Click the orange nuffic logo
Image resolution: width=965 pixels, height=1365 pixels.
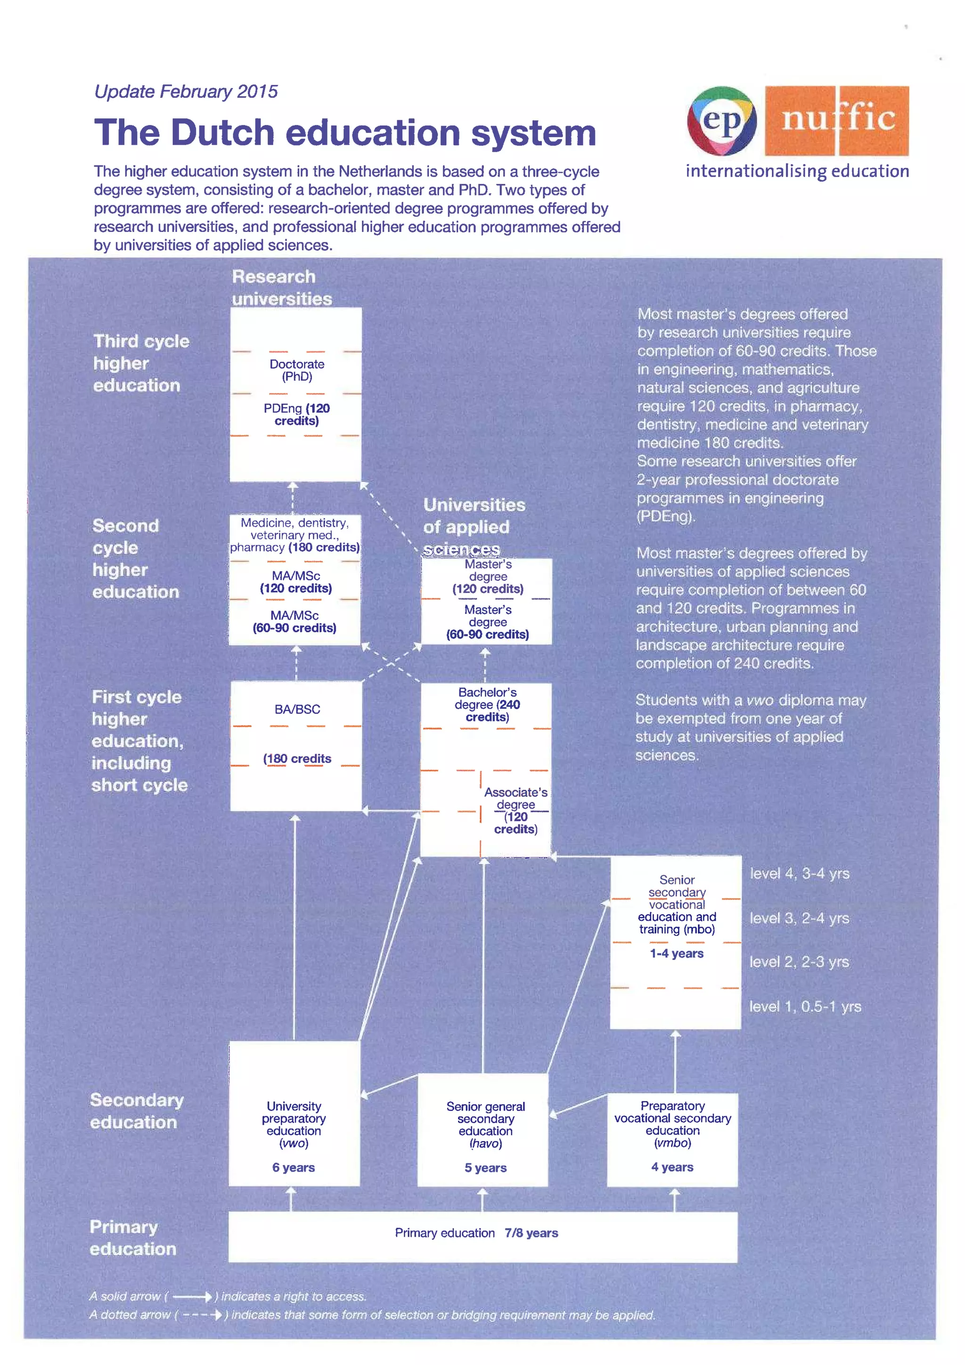click(x=837, y=120)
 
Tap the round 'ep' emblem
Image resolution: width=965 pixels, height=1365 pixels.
click(x=721, y=121)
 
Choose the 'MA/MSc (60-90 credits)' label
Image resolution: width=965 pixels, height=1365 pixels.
click(x=294, y=621)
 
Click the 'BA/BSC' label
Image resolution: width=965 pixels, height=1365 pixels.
click(x=297, y=709)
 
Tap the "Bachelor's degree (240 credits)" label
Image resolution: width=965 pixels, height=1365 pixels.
click(x=487, y=704)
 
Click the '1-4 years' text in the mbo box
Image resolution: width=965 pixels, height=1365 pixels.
click(x=676, y=953)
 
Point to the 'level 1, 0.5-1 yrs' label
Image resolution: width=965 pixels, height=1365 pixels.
click(x=805, y=1007)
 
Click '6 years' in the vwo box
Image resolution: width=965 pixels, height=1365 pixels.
click(x=294, y=1167)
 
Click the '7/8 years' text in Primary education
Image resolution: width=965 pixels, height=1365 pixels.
click(x=531, y=1233)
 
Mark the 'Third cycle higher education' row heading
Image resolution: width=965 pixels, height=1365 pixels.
click(x=141, y=363)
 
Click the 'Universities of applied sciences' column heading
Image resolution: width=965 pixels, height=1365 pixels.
click(x=474, y=527)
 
